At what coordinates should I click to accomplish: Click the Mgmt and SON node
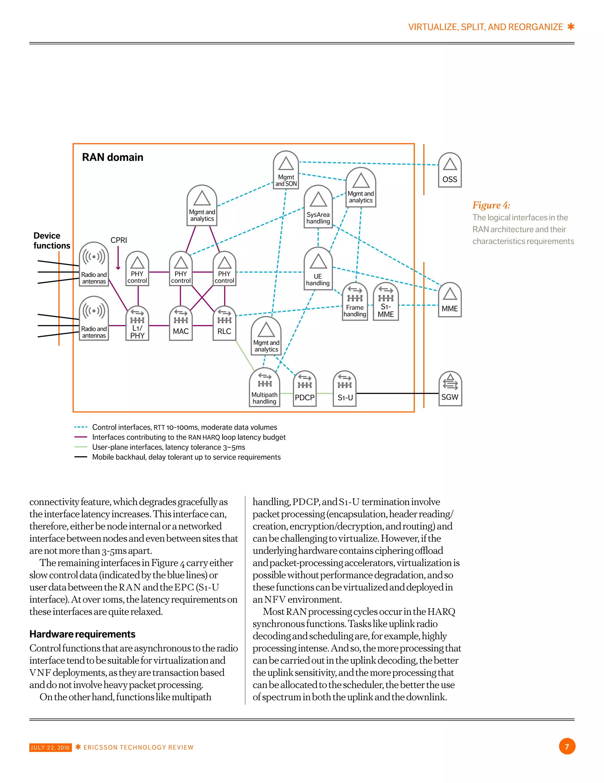point(286,170)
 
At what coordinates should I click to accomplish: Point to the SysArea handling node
point(318,207)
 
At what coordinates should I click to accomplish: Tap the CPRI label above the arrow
point(119,240)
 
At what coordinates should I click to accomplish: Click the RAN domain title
point(112,157)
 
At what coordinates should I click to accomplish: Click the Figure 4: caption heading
point(490,205)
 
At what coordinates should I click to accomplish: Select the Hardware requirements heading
point(82,634)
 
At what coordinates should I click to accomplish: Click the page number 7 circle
point(567,747)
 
